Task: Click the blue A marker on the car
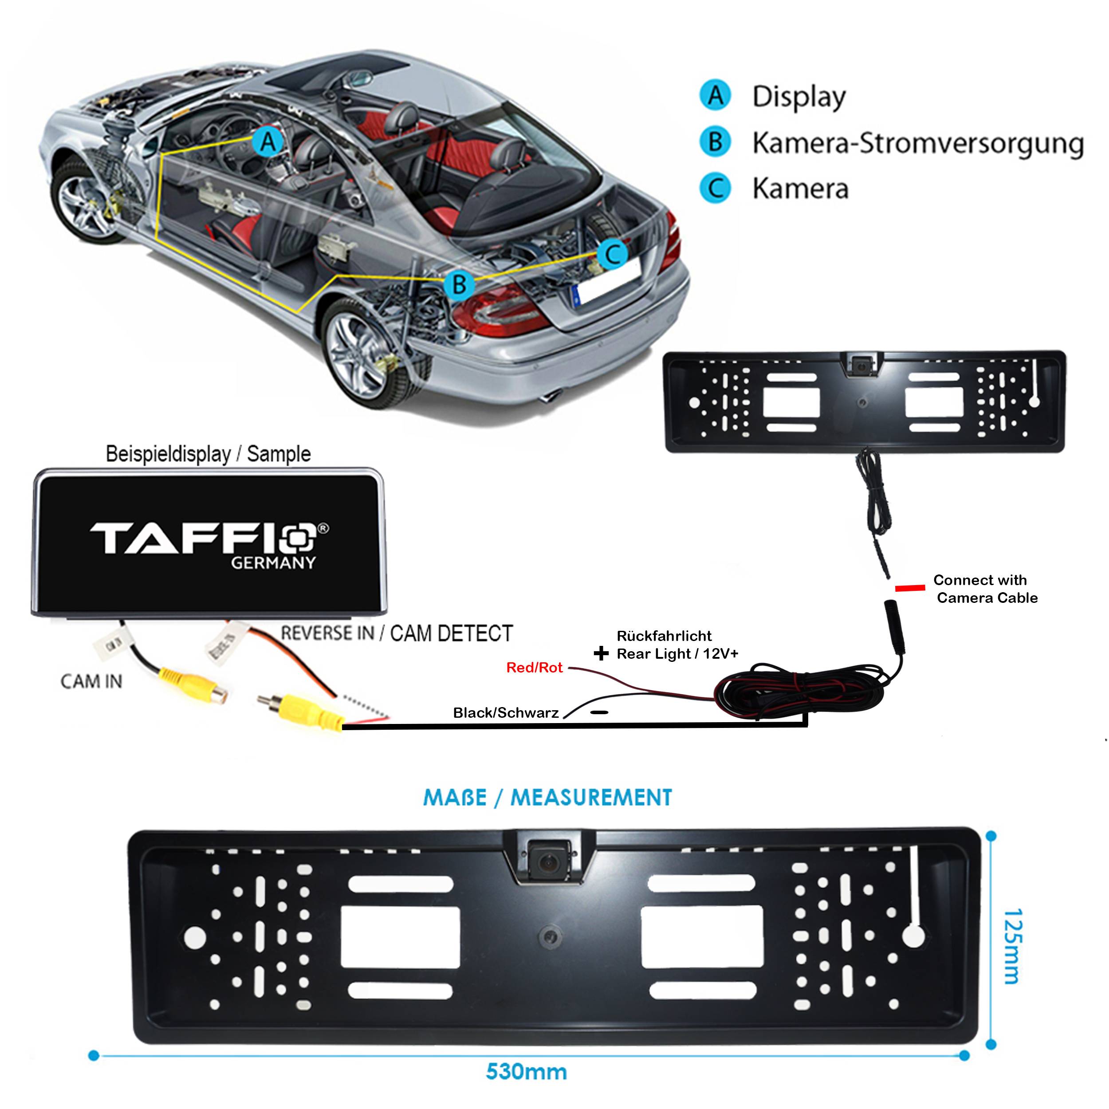pos(268,141)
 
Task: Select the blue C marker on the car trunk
pos(613,253)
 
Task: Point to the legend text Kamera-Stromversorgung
pos(917,143)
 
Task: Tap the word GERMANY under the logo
pos(273,562)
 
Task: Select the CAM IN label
pos(91,681)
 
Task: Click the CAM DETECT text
pos(451,633)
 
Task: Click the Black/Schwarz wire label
pos(506,713)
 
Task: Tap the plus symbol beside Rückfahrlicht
pos(601,653)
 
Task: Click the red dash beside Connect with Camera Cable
pos(910,588)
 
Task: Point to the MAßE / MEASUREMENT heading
pos(547,797)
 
